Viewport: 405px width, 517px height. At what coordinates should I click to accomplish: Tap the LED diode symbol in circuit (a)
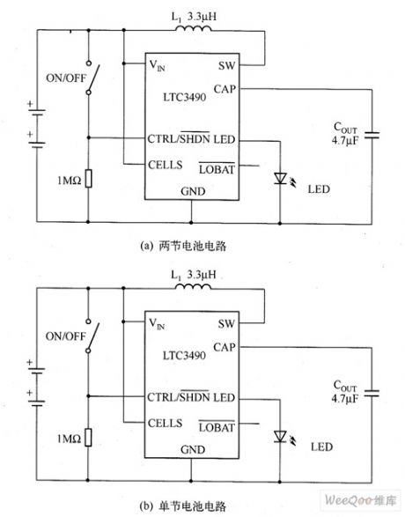point(279,178)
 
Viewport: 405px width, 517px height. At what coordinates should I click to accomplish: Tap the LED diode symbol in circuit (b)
point(279,435)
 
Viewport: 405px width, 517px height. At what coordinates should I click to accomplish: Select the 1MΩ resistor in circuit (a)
point(89,181)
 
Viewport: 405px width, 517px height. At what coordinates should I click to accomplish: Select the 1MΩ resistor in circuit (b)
point(89,438)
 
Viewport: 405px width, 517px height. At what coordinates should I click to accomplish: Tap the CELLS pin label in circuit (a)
point(168,165)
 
